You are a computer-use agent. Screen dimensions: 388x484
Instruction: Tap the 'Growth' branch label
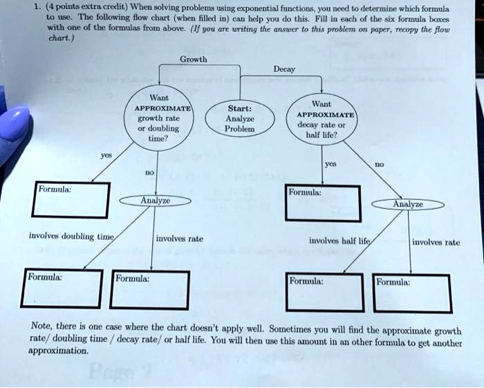pos(193,59)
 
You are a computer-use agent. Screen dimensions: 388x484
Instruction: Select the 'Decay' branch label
pos(284,70)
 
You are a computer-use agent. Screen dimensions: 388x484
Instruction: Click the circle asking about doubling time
pos(158,118)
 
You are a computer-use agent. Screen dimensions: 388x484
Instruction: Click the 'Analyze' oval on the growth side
pos(156,200)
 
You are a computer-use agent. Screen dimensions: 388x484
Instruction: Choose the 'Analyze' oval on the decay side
pos(407,205)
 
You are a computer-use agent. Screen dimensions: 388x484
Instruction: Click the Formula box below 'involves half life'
pos(324,293)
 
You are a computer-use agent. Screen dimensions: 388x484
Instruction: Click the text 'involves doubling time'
pos(71,236)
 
